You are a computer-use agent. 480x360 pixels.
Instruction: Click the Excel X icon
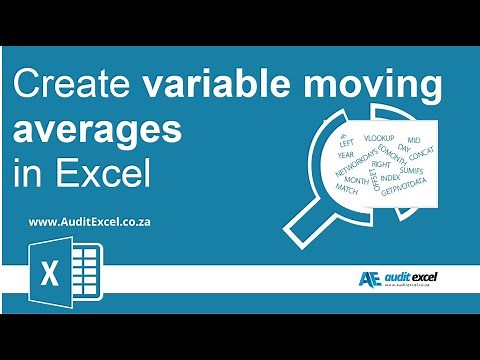pos(48,273)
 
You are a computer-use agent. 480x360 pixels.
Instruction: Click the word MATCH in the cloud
pos(347,187)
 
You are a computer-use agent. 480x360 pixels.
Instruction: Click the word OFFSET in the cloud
pos(373,178)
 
